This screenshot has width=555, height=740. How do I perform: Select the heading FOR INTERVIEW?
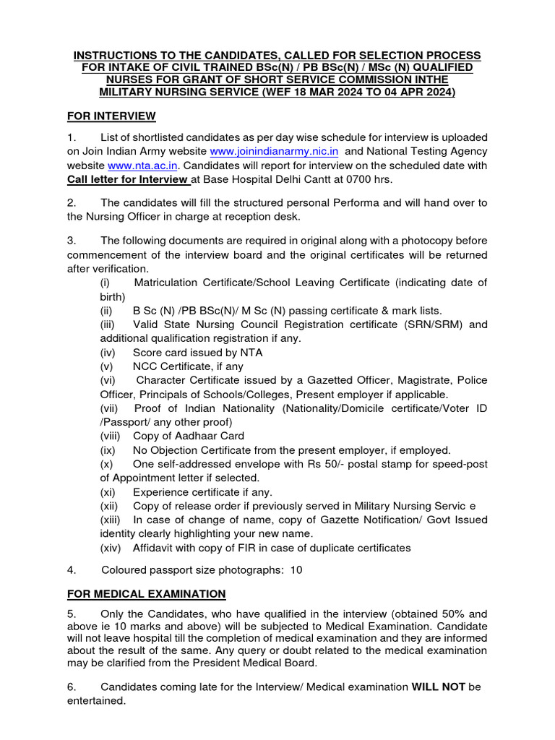click(111, 116)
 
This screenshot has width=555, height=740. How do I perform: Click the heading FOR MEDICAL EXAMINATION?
click(147, 593)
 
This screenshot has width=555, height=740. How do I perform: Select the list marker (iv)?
click(108, 353)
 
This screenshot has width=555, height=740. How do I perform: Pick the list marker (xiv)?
click(111, 548)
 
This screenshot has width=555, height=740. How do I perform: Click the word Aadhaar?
click(191, 436)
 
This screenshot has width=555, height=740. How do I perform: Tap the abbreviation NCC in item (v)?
click(146, 366)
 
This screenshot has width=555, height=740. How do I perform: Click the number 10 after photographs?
click(296, 569)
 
